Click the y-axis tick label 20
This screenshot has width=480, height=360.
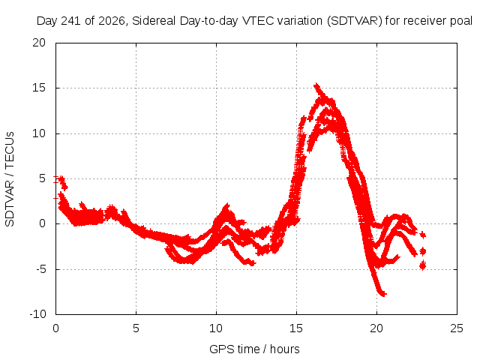click(39, 43)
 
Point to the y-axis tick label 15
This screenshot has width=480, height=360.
click(39, 88)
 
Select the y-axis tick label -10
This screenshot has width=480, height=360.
click(37, 314)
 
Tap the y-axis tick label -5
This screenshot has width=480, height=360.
click(40, 269)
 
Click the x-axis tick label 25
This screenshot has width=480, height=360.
click(457, 328)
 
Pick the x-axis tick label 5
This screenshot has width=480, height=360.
click(136, 328)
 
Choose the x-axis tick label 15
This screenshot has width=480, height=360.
click(296, 328)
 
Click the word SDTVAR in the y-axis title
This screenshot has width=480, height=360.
click(10, 203)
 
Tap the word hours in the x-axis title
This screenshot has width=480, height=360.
click(285, 349)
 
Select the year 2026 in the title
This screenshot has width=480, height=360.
click(112, 21)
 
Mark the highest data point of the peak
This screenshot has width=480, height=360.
click(316, 85)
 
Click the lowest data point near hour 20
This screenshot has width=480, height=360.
click(384, 294)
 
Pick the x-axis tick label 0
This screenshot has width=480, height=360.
click(55, 328)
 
